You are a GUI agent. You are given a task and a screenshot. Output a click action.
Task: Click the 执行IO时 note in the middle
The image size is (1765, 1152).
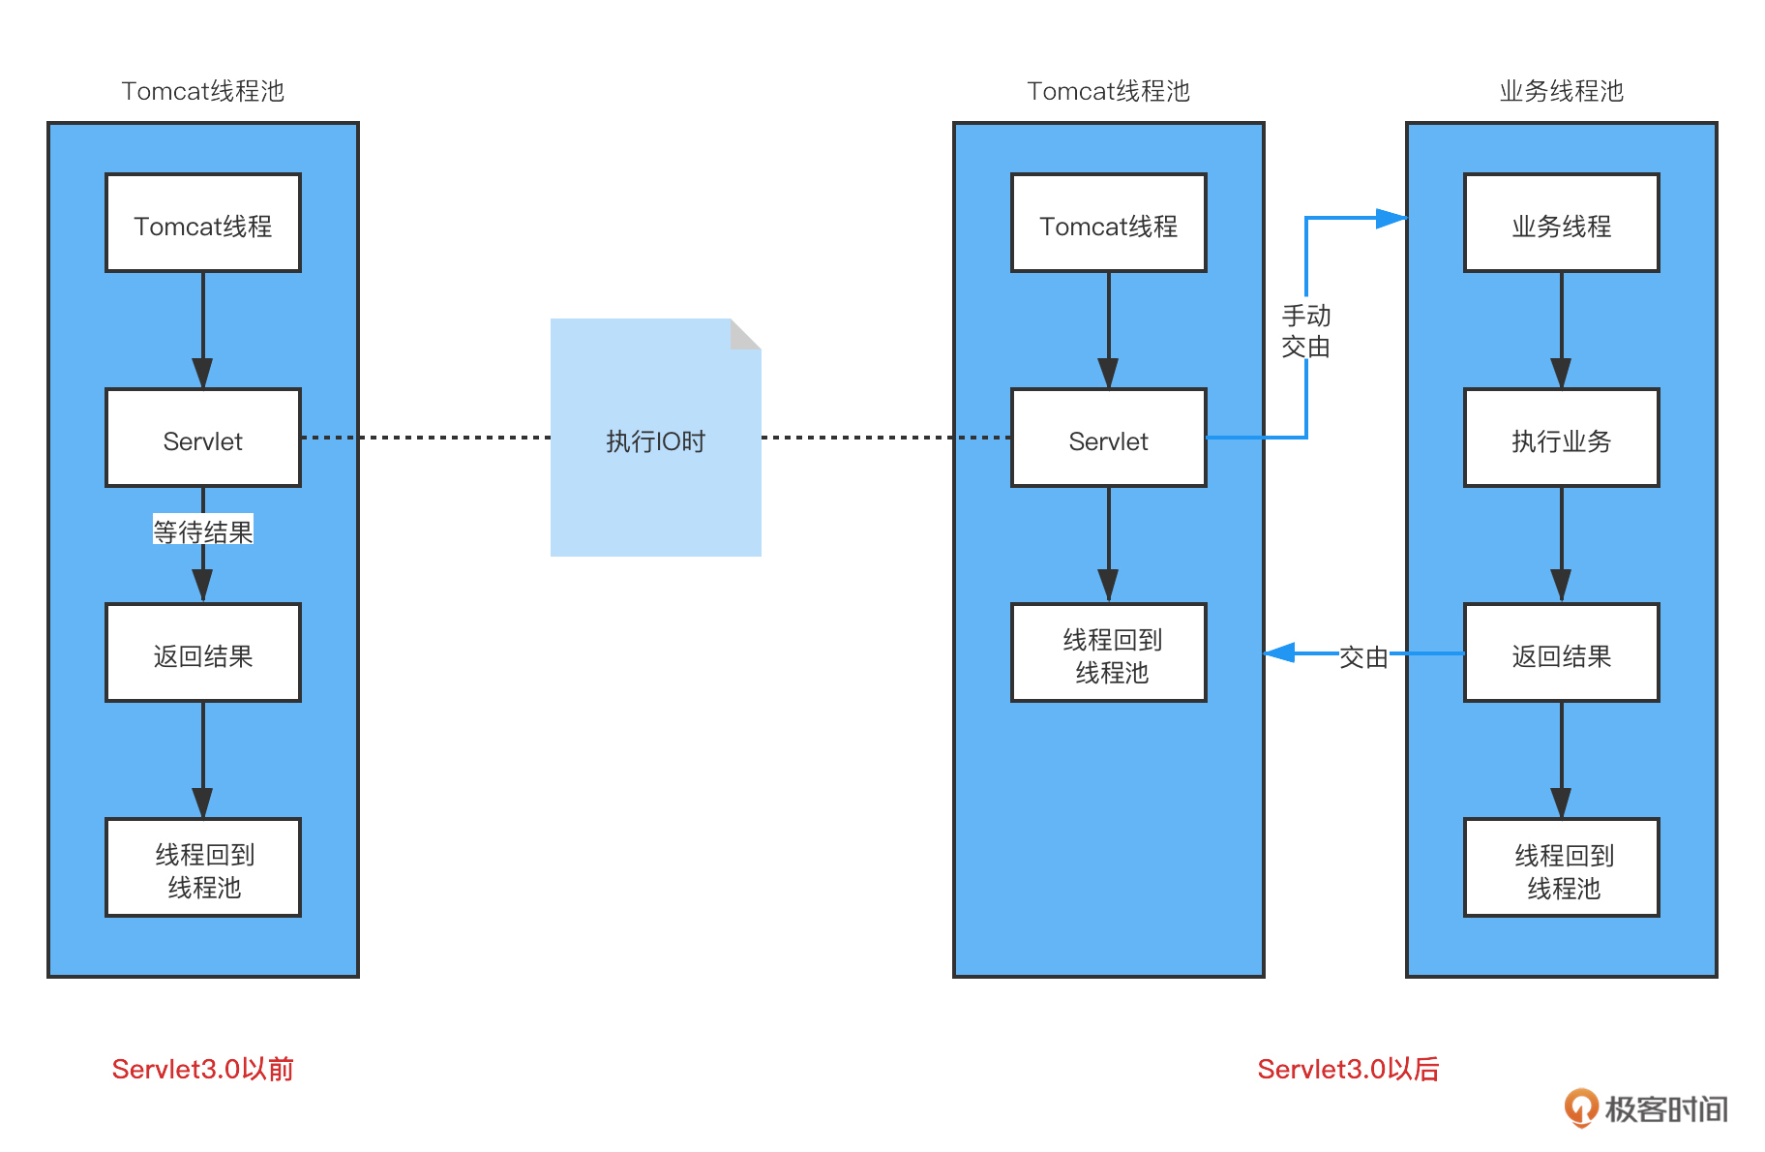pos(655,441)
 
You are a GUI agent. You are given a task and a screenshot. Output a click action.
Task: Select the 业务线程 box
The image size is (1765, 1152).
pos(1561,224)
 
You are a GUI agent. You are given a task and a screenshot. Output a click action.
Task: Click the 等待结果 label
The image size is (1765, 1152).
pos(203,531)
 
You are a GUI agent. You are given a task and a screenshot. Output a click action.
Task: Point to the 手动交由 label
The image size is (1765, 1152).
pos(1305,331)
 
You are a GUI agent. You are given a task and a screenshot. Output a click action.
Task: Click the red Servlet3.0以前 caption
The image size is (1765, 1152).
pos(202,1069)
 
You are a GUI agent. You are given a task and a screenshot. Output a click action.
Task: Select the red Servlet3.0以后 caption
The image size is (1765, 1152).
pos(1348,1069)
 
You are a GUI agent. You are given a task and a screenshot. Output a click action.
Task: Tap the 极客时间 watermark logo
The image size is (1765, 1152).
pos(1646,1108)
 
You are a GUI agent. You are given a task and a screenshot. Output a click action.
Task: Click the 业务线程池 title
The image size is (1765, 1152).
pos(1561,91)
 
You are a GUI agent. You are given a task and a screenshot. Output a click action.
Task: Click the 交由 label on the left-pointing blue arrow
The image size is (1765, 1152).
pos(1363,657)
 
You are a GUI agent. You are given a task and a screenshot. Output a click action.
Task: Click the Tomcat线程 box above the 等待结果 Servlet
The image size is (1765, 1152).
pos(203,224)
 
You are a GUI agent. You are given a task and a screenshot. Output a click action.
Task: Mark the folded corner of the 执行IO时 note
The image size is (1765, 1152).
pos(745,334)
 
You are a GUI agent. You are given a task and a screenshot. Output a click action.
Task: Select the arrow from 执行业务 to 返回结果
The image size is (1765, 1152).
pos(1561,545)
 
